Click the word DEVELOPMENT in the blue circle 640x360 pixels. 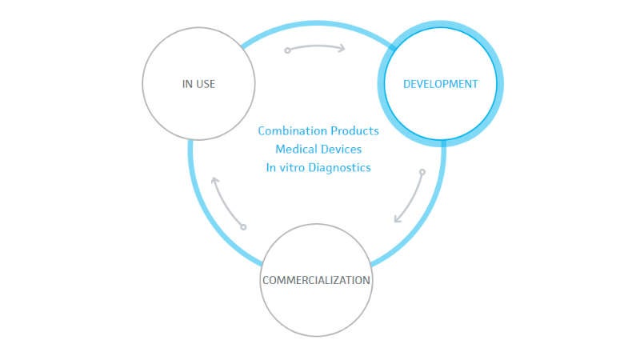pos(440,84)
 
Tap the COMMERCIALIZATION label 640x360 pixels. pos(316,281)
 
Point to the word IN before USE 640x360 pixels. pos(187,84)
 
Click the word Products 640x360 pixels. pos(354,131)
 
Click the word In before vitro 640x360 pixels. pos(270,168)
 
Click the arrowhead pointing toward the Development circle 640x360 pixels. pos(342,47)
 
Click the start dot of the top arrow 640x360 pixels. pos(287,50)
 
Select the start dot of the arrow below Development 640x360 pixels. pos(422,172)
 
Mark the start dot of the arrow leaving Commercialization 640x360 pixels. pos(243,227)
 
